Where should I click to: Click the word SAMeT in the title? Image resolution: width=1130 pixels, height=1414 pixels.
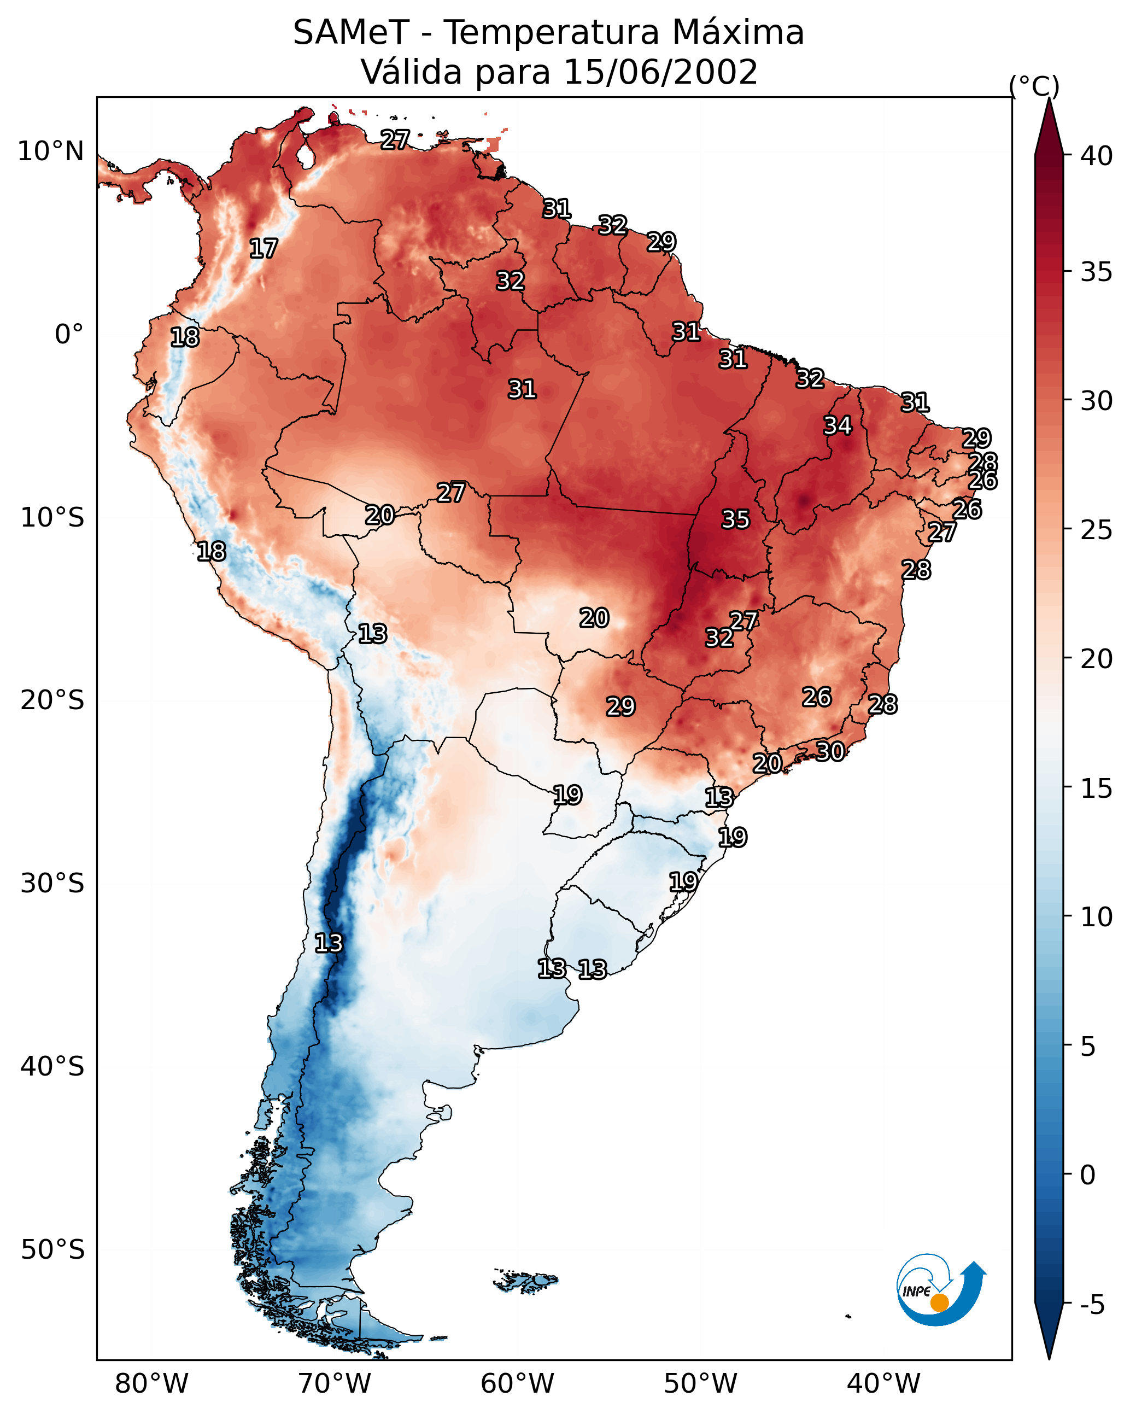coord(351,33)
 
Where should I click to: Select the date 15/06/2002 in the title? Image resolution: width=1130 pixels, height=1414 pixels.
coord(660,72)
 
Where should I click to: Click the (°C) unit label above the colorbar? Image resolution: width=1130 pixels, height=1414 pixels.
coord(1034,86)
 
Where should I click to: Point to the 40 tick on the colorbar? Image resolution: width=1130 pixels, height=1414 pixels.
coord(1097,156)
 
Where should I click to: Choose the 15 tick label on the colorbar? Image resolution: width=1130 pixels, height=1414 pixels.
coord(1097,788)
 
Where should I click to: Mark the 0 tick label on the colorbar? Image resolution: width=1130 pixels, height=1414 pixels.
coord(1087,1175)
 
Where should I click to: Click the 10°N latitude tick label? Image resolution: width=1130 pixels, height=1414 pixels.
coord(50,151)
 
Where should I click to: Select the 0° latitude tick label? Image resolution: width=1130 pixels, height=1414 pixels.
coord(69,335)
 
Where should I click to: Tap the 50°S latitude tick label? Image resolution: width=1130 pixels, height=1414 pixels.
coord(52,1250)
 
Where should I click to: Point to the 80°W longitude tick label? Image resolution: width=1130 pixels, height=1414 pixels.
coord(151,1384)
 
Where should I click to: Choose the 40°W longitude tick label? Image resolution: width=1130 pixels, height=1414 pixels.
coord(883,1384)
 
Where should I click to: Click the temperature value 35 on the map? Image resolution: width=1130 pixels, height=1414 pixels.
coord(735,519)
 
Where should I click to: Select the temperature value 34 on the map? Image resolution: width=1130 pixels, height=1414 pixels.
coord(838,425)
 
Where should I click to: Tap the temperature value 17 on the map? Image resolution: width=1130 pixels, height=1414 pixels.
coord(264,249)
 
